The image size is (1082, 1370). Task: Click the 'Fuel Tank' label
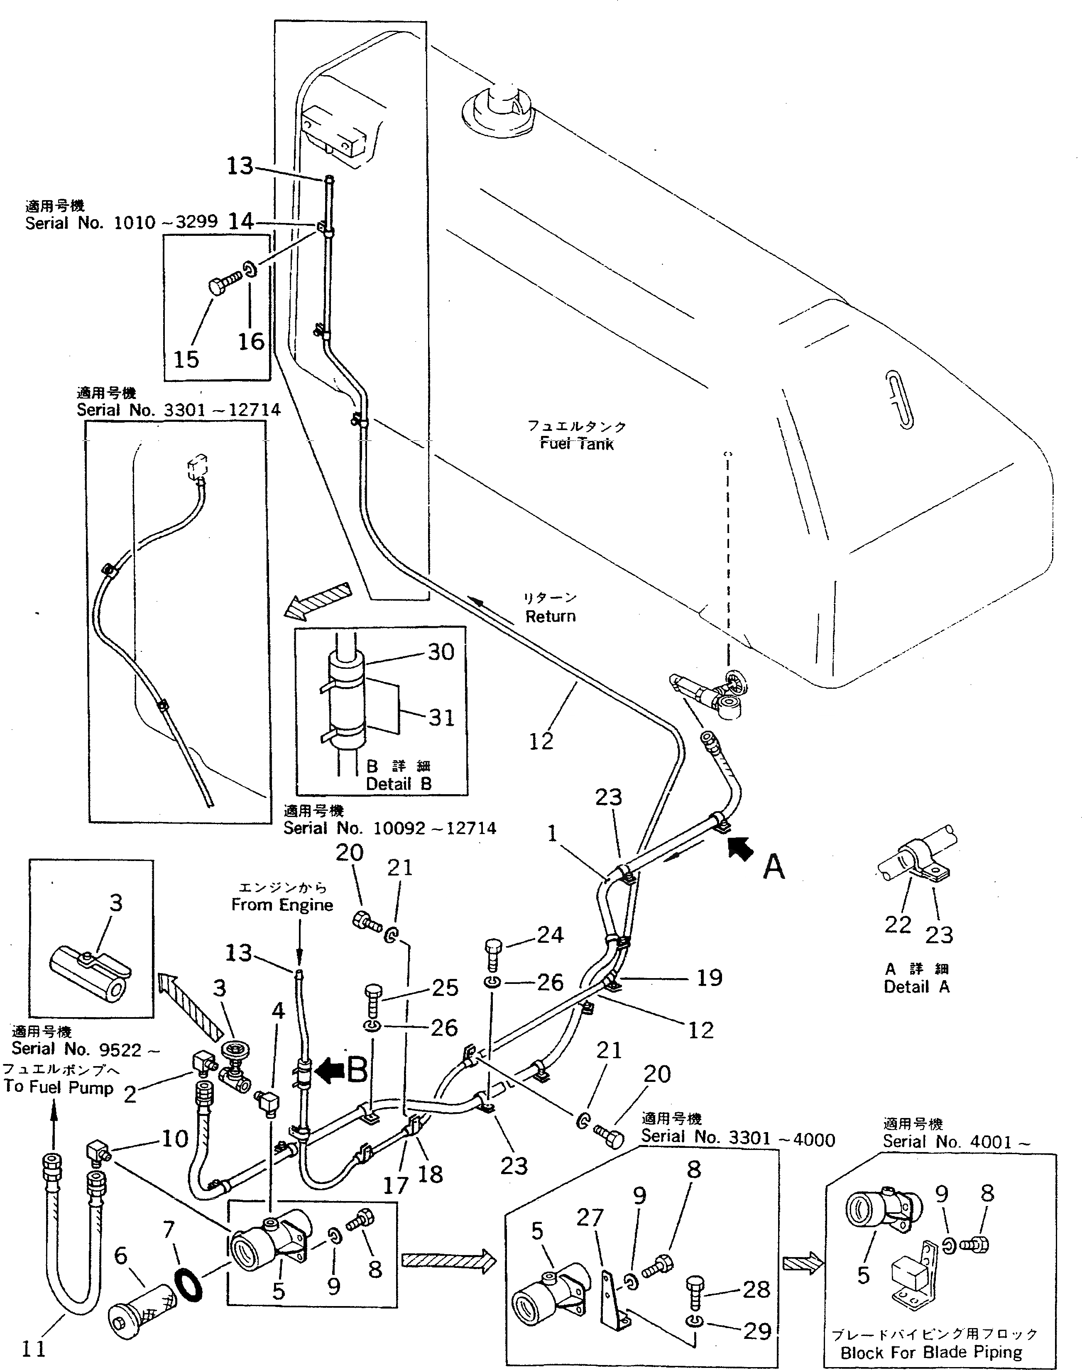[x=576, y=443]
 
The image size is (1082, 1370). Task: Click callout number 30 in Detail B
[x=441, y=652]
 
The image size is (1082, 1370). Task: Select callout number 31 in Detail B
[x=441, y=718]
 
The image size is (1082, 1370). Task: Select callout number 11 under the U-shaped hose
[x=34, y=1349]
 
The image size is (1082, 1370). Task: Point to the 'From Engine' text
[x=282, y=905]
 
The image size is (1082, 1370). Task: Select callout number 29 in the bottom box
[x=757, y=1331]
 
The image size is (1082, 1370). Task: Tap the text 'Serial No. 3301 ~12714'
[x=179, y=410]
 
